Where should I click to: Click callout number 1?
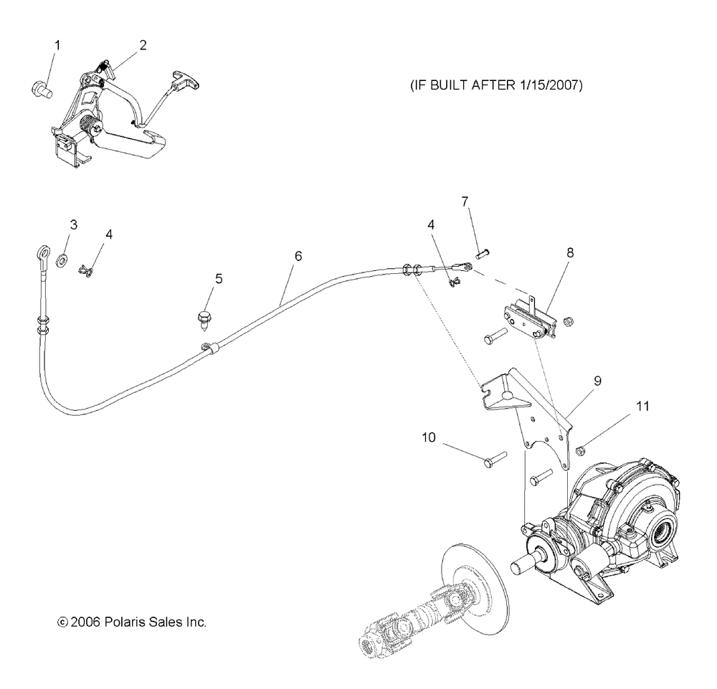(x=57, y=45)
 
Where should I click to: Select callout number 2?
(x=143, y=45)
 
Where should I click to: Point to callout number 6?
(x=298, y=255)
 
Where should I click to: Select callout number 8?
(x=569, y=252)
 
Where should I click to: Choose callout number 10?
(x=429, y=437)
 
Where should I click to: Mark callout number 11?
(x=642, y=406)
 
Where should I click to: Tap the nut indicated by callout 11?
(x=581, y=450)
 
